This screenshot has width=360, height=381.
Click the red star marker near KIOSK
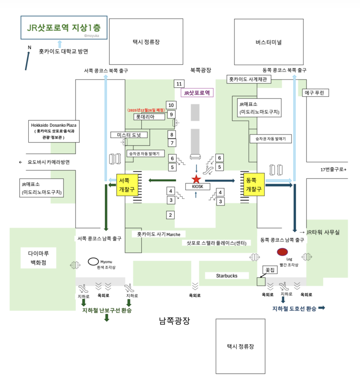196,179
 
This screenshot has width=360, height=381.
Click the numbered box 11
179,84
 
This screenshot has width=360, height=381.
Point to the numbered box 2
171,215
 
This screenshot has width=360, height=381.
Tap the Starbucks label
226,275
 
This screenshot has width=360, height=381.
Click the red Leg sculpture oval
283,252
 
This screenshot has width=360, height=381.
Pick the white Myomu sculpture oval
94,260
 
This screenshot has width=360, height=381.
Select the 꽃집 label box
270,270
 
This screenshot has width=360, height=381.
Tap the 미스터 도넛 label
129,135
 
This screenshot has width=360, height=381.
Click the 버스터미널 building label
268,43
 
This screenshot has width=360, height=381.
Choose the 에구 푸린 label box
317,93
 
